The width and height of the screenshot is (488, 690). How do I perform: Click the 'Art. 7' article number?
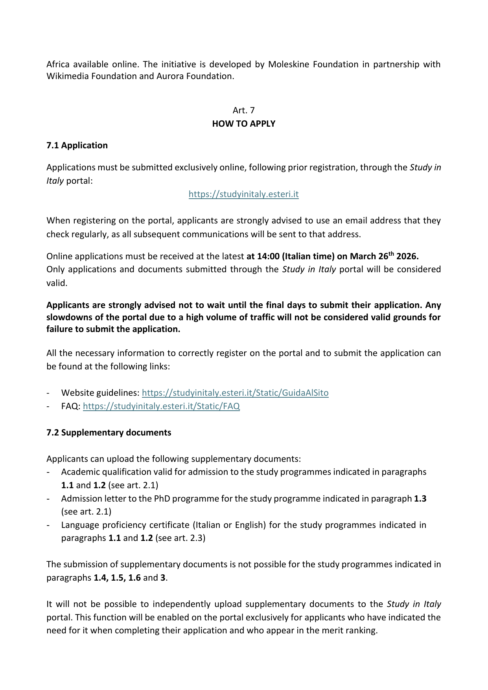[243, 110]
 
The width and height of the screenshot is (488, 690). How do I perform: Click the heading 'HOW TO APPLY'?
[243, 124]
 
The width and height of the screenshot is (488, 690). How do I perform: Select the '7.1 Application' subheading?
[77, 145]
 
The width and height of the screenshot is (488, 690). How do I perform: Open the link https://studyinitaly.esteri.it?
[243, 194]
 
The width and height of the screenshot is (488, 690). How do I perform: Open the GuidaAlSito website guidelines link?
[235, 393]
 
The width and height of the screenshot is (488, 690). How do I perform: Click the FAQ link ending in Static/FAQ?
[161, 406]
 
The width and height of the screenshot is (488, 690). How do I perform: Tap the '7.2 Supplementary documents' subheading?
[109, 432]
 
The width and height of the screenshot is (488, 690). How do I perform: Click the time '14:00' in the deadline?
[268, 256]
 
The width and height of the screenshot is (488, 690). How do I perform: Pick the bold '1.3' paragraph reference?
[420, 498]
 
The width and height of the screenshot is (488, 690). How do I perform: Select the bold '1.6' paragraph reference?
[134, 577]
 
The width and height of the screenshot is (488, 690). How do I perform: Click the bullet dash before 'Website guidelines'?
[48, 393]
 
